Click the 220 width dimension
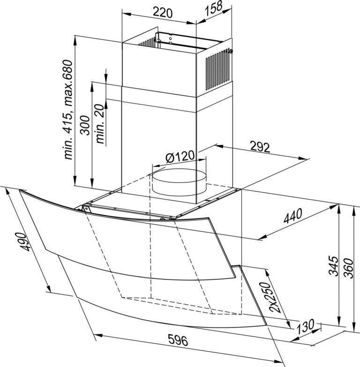coord(163,13)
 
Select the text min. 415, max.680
coord(68,110)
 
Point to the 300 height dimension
coord(85,126)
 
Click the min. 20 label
coord(100,124)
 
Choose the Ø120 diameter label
coord(180,157)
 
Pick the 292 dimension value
coord(260,147)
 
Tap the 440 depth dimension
coord(293,215)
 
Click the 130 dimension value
coord(306,326)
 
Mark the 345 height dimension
coord(334,267)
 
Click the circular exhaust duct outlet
coord(180,182)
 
